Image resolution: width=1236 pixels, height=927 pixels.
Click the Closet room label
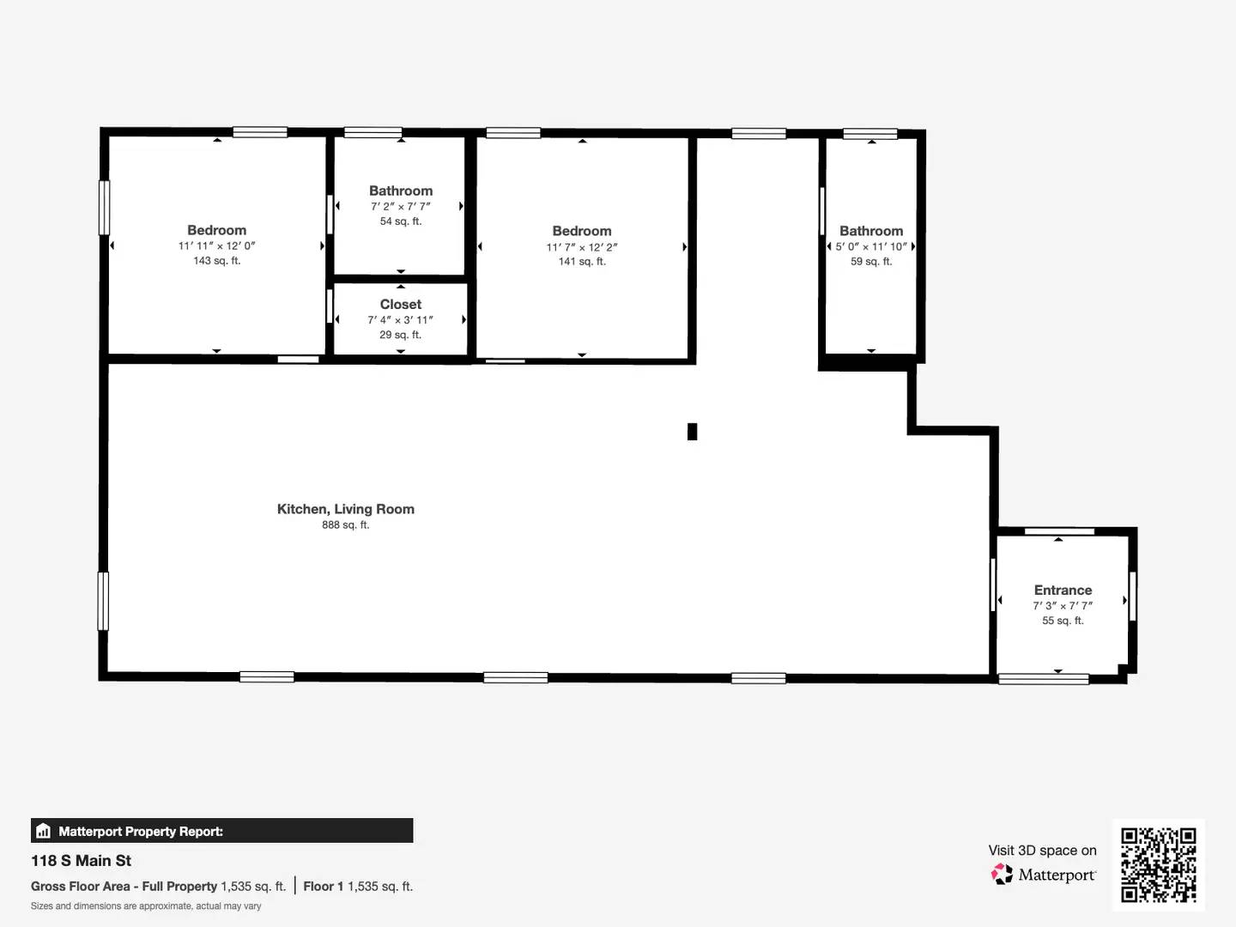(x=400, y=305)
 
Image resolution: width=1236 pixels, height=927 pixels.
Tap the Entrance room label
(x=1063, y=591)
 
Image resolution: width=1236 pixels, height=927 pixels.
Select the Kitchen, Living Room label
(x=345, y=509)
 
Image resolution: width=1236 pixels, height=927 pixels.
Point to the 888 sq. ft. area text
(x=345, y=525)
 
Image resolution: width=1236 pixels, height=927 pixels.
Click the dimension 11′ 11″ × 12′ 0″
(x=216, y=246)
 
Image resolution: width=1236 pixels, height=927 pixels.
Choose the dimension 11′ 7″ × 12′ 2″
(x=582, y=247)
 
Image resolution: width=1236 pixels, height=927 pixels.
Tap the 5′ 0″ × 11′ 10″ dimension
(x=871, y=246)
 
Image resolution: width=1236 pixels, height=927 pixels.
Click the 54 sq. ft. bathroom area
(x=400, y=221)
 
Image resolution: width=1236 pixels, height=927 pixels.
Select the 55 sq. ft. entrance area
(x=1063, y=621)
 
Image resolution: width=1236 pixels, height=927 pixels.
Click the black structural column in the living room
(x=692, y=432)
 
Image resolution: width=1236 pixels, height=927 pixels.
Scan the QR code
(x=1158, y=864)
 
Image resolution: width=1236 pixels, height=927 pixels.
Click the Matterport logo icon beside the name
(x=1002, y=875)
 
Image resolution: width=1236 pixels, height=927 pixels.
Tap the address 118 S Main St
(x=82, y=861)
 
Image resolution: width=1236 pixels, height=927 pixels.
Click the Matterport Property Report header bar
(x=221, y=831)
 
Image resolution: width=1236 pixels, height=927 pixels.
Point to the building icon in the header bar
(x=44, y=831)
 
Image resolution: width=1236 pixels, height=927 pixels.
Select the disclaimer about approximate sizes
(x=146, y=906)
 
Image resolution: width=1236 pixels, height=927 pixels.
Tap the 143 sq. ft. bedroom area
(x=216, y=261)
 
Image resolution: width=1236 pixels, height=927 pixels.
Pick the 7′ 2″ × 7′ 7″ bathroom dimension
(x=400, y=207)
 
